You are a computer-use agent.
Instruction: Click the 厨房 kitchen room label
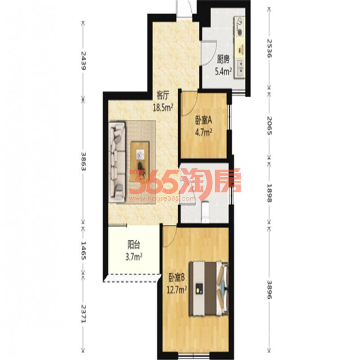[x=223, y=60]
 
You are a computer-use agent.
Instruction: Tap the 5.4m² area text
[x=223, y=72]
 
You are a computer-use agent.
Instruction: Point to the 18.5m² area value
[x=163, y=107]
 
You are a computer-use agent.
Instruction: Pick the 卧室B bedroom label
[x=176, y=278]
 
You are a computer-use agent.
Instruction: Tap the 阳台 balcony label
[x=134, y=245]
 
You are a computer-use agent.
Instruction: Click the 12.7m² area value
[x=176, y=290]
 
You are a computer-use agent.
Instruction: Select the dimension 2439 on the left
[x=83, y=61]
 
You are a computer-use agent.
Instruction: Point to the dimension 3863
[x=83, y=162]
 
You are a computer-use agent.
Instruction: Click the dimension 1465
[x=83, y=251]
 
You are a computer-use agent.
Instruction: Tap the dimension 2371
[x=83, y=314]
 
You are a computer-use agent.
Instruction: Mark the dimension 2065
[x=270, y=126]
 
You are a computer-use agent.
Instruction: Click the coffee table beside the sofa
[x=140, y=157]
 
